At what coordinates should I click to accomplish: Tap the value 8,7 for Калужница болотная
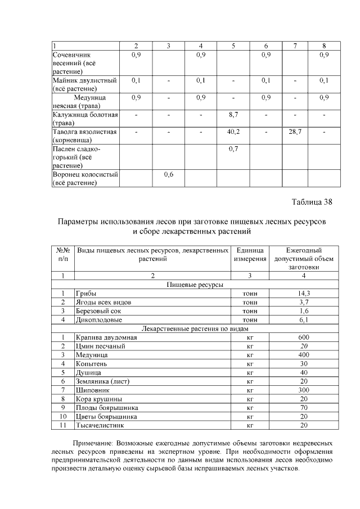[233, 115]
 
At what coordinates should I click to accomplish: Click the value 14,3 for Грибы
[304, 294]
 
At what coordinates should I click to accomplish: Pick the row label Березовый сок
[98, 311]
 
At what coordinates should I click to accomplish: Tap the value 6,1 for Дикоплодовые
[304, 319]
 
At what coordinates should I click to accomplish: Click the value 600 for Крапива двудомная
[304, 337]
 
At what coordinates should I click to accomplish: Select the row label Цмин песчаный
[100, 346]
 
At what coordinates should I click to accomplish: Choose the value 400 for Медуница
[304, 355]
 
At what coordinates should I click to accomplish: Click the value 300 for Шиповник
[304, 390]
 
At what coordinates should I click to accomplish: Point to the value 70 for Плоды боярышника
[304, 407]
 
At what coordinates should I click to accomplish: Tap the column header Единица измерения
[250, 254]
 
